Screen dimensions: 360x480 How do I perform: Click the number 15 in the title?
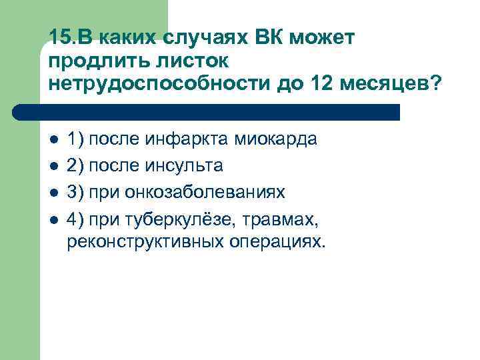pos(58,38)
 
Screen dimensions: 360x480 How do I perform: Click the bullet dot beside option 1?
pos(54,141)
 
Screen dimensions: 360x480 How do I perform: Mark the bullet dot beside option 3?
pos(54,193)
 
